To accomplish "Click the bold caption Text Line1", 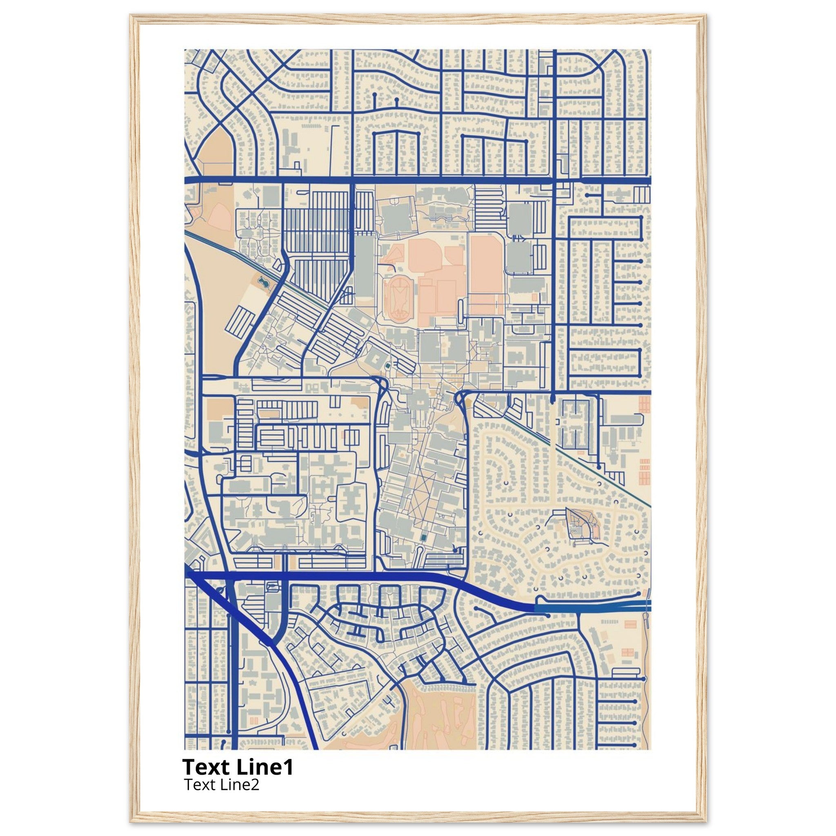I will (238, 767).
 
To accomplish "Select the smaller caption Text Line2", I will (222, 784).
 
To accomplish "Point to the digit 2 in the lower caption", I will (255, 784).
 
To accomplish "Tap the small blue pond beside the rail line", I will (262, 283).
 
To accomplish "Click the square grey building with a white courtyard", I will (376, 359).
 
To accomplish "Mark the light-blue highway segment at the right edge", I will (593, 608).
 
